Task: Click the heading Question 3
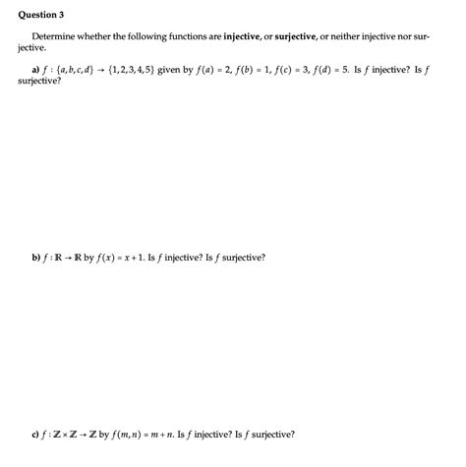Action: [35, 16]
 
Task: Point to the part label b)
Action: [38, 257]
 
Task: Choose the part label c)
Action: [38, 432]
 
